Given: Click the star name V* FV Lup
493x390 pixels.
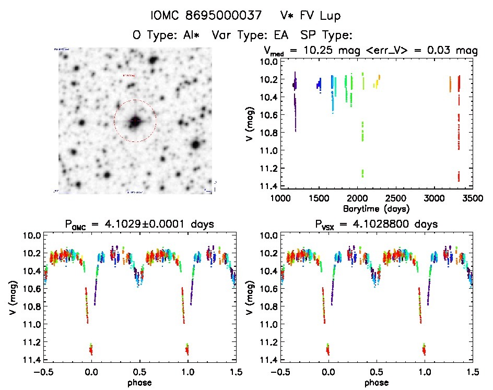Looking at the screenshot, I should [x=310, y=16].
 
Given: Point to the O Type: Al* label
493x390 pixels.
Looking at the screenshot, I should [x=168, y=36].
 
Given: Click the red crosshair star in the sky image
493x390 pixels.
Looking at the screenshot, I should [x=135, y=121].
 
